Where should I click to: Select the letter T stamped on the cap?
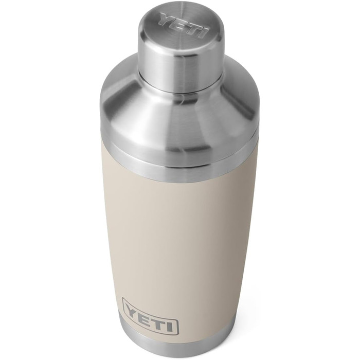tap(191, 28)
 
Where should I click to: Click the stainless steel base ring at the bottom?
tap(154, 342)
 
